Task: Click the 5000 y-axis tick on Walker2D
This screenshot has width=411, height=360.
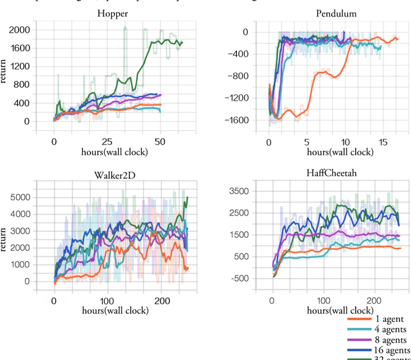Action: pos(20,197)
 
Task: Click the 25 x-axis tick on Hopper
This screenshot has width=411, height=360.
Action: pos(107,141)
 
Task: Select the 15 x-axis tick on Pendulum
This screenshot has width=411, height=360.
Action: pos(383,141)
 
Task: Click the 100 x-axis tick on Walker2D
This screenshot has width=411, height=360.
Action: pos(107,300)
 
